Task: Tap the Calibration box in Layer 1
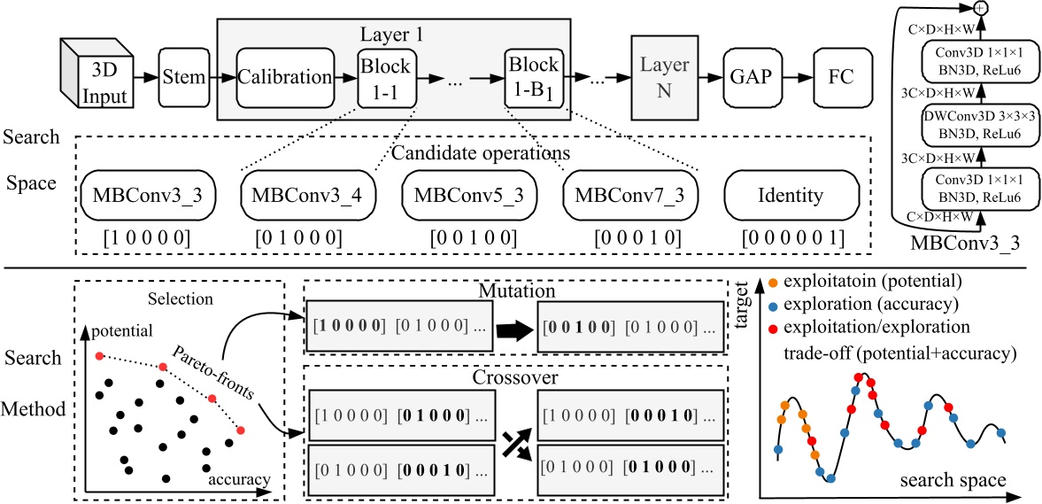[285, 78]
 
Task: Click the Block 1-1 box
[383, 78]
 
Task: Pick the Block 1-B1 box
[533, 78]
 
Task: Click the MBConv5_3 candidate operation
[467, 196]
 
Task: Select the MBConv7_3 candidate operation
[629, 196]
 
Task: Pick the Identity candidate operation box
[791, 196]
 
